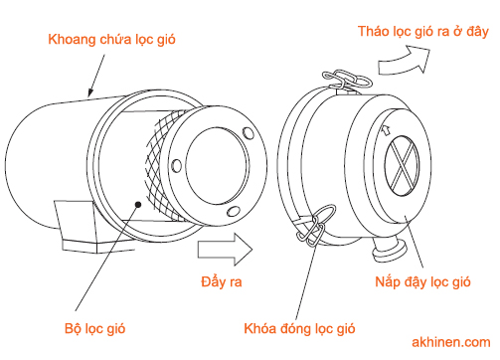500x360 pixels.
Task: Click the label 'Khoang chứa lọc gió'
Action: click(x=111, y=40)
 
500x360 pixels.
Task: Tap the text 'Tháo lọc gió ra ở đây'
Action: click(x=423, y=32)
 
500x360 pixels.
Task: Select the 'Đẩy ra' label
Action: click(x=222, y=281)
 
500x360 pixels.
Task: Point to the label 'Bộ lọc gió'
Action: click(x=95, y=328)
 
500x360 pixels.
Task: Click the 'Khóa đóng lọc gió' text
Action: click(x=299, y=328)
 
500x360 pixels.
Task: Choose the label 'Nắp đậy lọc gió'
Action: click(x=422, y=281)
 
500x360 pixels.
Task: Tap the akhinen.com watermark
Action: click(x=451, y=342)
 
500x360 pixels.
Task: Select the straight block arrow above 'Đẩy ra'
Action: click(x=226, y=250)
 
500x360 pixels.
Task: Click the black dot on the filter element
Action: click(x=138, y=205)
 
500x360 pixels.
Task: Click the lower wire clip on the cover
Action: click(x=315, y=226)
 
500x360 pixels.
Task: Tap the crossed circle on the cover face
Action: click(x=402, y=165)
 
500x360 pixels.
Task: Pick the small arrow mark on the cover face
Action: click(x=386, y=130)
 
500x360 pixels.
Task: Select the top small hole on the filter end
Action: click(x=249, y=133)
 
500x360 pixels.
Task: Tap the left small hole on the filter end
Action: click(x=177, y=166)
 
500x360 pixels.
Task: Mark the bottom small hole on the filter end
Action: click(x=234, y=211)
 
